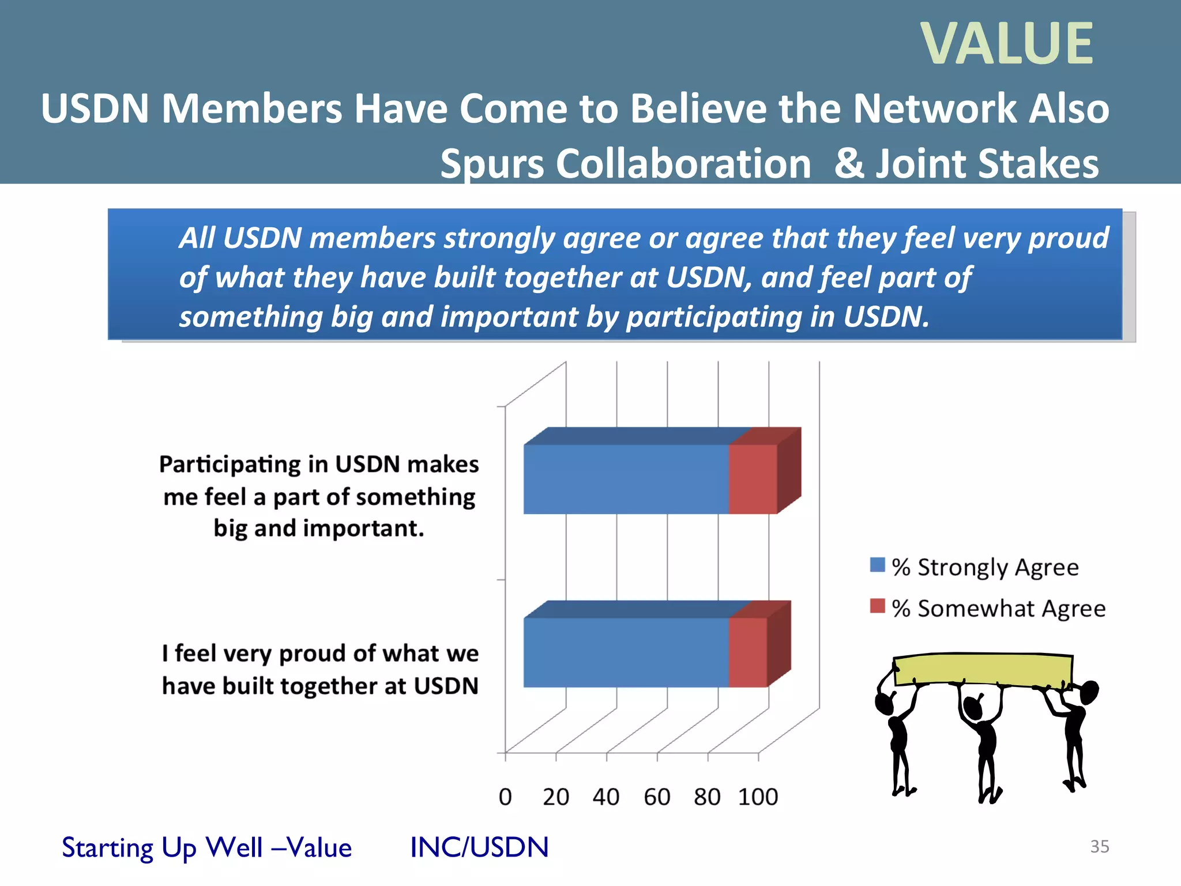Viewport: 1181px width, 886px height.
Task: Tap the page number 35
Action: [1099, 846]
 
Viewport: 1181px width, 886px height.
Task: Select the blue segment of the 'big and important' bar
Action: [626, 479]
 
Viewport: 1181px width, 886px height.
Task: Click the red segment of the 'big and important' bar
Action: [753, 479]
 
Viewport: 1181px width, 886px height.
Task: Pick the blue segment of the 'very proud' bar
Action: [626, 652]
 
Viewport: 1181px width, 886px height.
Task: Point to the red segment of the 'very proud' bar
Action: [747, 652]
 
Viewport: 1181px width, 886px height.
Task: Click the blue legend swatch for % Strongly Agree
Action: [877, 565]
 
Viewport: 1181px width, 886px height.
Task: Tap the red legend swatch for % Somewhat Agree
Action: [877, 606]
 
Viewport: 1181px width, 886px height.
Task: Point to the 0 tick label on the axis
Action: [505, 797]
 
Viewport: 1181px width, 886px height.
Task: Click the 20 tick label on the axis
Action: [555, 797]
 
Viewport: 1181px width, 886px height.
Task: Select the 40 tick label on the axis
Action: [605, 797]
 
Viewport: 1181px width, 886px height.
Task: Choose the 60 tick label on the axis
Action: [657, 797]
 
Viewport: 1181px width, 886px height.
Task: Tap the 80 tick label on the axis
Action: [707, 797]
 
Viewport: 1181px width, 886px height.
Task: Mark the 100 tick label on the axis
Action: [758, 797]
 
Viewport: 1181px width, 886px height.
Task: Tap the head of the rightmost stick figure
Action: [1089, 692]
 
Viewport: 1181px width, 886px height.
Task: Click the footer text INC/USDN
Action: [479, 847]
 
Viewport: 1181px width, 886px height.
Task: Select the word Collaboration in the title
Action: [683, 164]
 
